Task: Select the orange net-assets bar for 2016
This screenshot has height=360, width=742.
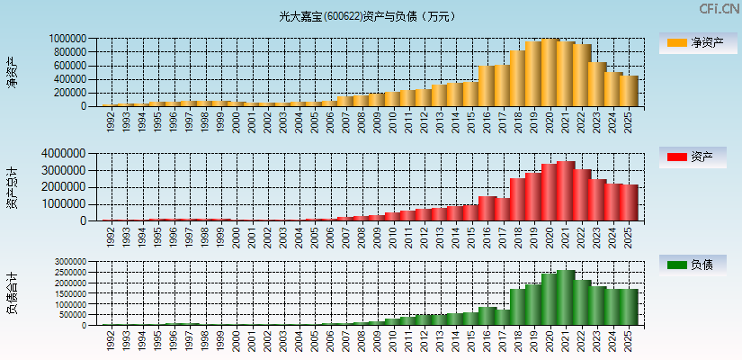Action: point(486,86)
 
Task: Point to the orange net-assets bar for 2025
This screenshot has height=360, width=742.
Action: point(628,91)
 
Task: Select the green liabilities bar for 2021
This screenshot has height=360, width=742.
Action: point(565,298)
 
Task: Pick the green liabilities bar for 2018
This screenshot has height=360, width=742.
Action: point(517,307)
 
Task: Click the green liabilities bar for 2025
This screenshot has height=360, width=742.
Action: point(628,307)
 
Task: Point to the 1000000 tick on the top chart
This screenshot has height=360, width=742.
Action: point(68,39)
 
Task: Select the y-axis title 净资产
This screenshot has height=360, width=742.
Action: point(12,72)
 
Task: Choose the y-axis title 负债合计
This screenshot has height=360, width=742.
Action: point(12,292)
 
